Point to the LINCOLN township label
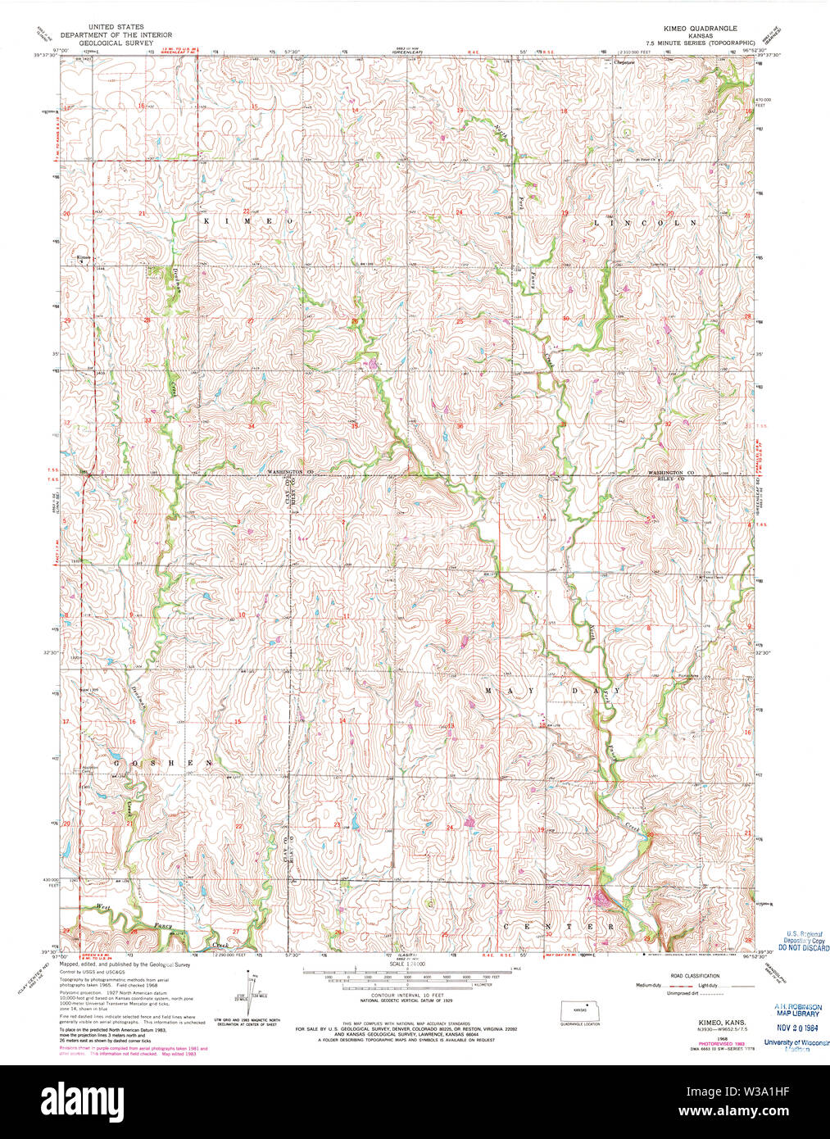(x=644, y=223)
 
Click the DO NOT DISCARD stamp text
(x=803, y=948)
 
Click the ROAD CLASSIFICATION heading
(x=695, y=976)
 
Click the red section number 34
(x=252, y=426)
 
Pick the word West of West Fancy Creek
(x=103, y=907)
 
